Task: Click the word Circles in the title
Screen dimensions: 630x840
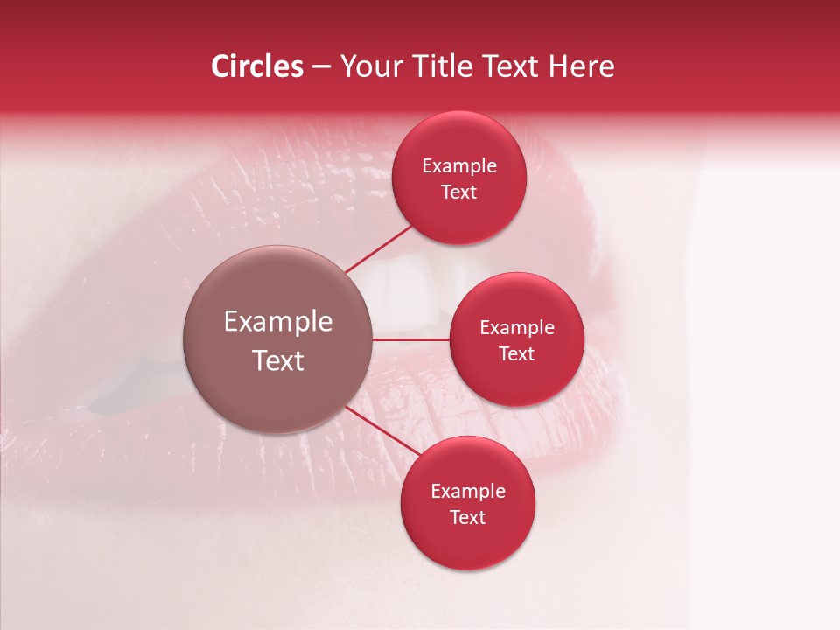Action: [257, 66]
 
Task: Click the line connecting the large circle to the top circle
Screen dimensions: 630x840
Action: [379, 249]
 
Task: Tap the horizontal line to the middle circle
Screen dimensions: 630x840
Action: [411, 339]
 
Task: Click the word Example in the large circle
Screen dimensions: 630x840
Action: [278, 322]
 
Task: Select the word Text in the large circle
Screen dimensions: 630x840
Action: [278, 360]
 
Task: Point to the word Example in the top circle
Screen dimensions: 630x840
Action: [459, 166]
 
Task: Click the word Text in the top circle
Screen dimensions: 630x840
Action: [459, 192]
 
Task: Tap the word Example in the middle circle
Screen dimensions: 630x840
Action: [517, 328]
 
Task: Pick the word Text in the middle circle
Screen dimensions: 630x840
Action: [517, 353]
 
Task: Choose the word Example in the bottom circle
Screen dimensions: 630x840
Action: [468, 492]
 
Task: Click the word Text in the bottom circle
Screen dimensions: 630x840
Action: [468, 517]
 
